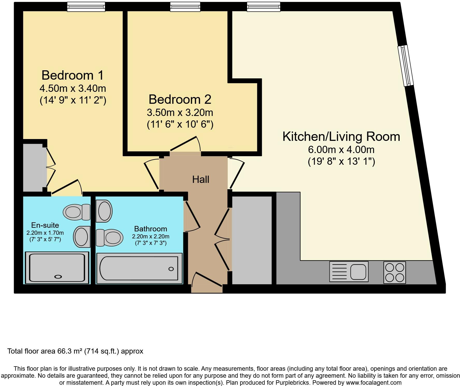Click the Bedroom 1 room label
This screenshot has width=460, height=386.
[x=73, y=75]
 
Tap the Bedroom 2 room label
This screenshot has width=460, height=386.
[x=180, y=99]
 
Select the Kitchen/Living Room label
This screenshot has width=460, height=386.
[x=341, y=137]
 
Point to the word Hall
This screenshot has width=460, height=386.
[x=201, y=180]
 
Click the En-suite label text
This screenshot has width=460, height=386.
[x=45, y=225]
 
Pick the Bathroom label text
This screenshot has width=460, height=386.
[x=150, y=229]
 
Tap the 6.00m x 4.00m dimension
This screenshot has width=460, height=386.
[x=341, y=150]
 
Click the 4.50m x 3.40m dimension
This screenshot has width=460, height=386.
[x=73, y=88]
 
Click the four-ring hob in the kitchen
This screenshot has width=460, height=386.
[x=394, y=272]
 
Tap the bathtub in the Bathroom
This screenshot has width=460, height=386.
[x=139, y=268]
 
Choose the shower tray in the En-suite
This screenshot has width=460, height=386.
[x=57, y=268]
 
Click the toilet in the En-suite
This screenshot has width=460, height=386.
[x=77, y=212]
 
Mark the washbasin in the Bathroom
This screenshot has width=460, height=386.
[x=104, y=211]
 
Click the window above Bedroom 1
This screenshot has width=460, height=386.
[x=86, y=7]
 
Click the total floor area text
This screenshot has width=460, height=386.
[x=75, y=351]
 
